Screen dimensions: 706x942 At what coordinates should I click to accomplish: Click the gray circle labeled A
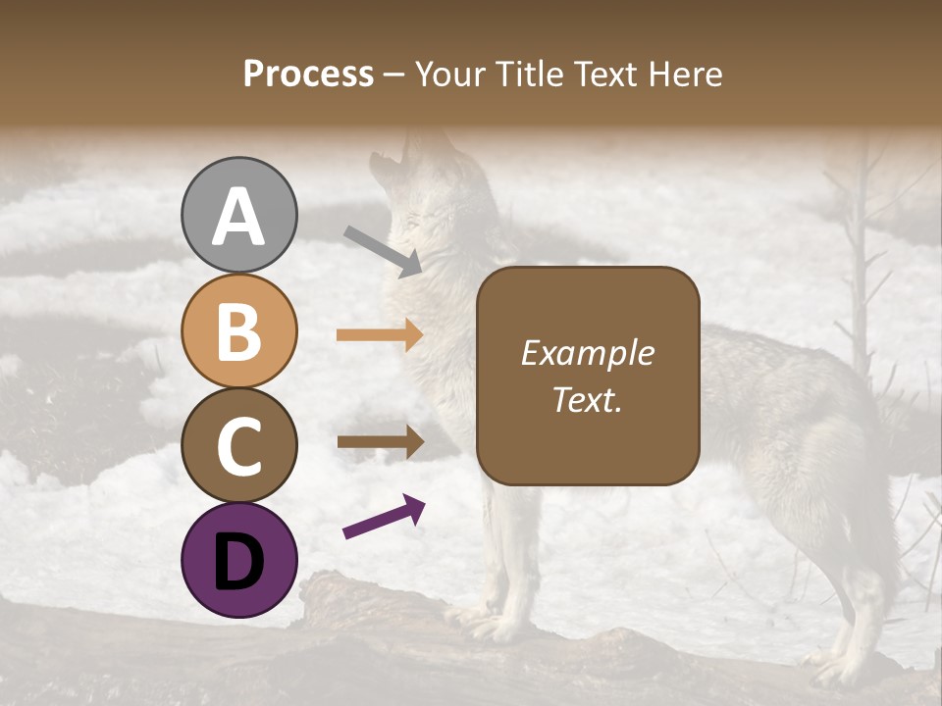pos(238,216)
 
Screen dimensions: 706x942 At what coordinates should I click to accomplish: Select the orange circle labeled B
pos(238,330)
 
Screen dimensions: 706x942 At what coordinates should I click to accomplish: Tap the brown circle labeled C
pos(238,445)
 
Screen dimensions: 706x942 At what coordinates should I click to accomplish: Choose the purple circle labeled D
pos(238,560)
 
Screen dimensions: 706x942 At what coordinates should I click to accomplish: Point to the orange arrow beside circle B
pos(380,335)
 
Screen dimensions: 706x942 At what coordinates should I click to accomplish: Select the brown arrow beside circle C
pos(380,441)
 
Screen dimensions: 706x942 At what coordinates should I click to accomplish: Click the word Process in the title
pos(308,74)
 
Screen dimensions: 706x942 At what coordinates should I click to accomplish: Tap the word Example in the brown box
pos(587,353)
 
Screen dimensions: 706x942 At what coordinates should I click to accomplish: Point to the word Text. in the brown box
pos(587,399)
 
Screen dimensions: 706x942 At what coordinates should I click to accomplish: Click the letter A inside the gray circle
pos(238,217)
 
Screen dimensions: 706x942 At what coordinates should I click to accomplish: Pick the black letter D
pos(238,561)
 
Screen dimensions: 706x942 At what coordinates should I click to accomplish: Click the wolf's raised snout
pos(388,162)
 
